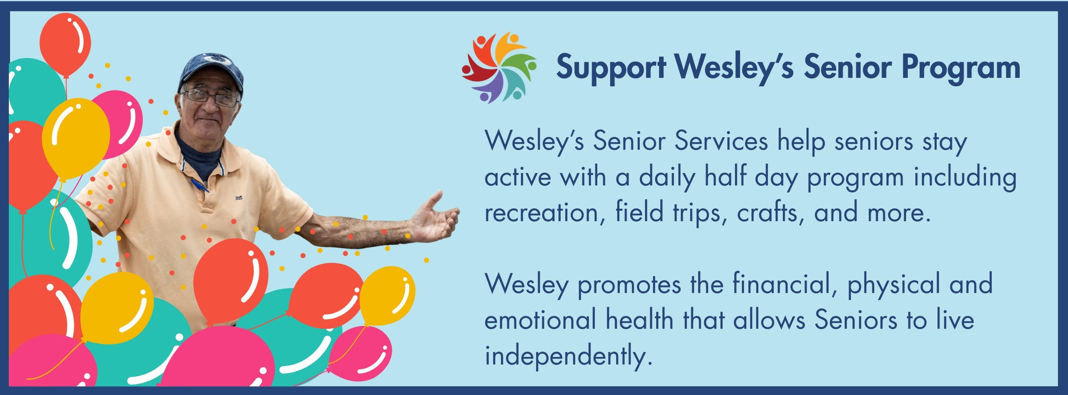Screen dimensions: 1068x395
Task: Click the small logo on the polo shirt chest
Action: (x=239, y=198)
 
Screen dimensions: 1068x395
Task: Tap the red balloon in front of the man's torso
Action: (x=231, y=282)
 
